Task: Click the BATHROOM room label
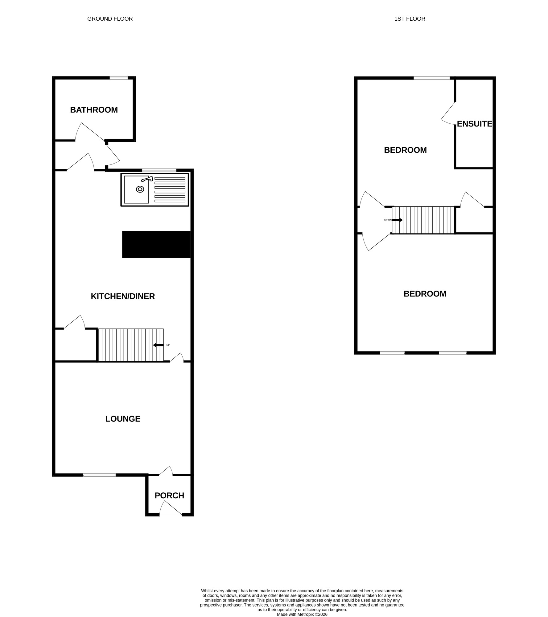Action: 94,110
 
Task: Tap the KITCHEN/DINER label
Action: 123,296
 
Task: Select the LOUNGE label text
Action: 123,419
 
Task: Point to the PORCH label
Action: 169,495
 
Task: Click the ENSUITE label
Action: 474,124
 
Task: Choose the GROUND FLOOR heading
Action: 110,19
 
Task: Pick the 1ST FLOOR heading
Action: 410,19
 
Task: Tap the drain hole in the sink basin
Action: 140,189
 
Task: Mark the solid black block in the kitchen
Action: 156,244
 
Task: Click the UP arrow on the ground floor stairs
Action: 158,345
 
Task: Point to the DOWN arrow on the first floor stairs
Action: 398,220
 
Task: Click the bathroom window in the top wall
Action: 119,78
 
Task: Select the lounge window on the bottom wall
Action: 99,475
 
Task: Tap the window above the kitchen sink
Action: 159,170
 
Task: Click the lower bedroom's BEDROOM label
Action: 425,294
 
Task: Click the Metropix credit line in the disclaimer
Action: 302,614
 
